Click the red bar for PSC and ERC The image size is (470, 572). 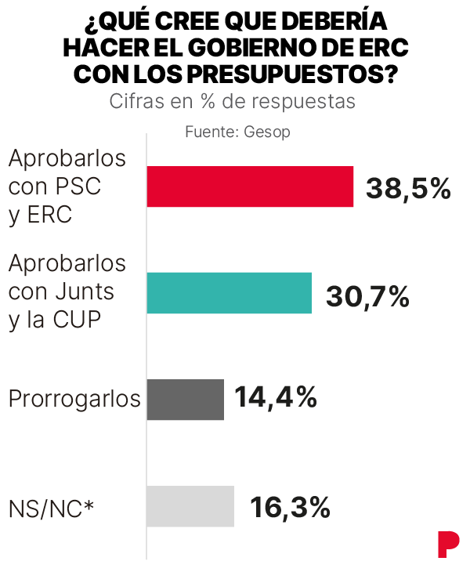click(x=250, y=186)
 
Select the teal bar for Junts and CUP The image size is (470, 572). click(x=230, y=293)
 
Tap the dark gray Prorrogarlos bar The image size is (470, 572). click(x=185, y=400)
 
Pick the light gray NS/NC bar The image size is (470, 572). click(x=190, y=506)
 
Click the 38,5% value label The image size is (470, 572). click(x=408, y=190)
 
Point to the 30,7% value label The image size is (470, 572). click(x=367, y=297)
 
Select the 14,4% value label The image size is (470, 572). click(x=276, y=397)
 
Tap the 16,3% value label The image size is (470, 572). click(x=291, y=508)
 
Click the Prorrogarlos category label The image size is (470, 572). click(x=74, y=399)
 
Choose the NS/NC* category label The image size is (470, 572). click(x=51, y=509)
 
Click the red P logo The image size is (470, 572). click(x=449, y=545)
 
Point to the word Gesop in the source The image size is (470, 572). click(x=267, y=132)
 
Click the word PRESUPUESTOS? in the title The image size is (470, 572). click(x=291, y=74)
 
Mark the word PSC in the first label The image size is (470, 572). click(x=78, y=186)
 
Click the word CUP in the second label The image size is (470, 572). click(x=77, y=320)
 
